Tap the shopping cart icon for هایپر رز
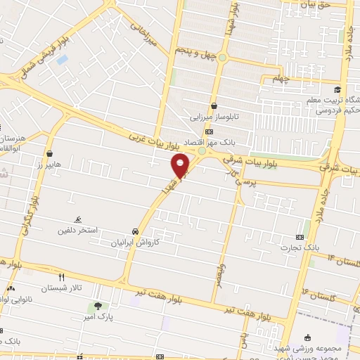(x=49, y=153)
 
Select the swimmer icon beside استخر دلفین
(x=77, y=219)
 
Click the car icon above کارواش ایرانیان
(x=134, y=231)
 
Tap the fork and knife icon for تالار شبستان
(x=61, y=277)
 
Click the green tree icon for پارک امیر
(x=97, y=306)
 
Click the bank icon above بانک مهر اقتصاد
(x=209, y=131)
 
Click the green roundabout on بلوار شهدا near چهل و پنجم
(x=222, y=58)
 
